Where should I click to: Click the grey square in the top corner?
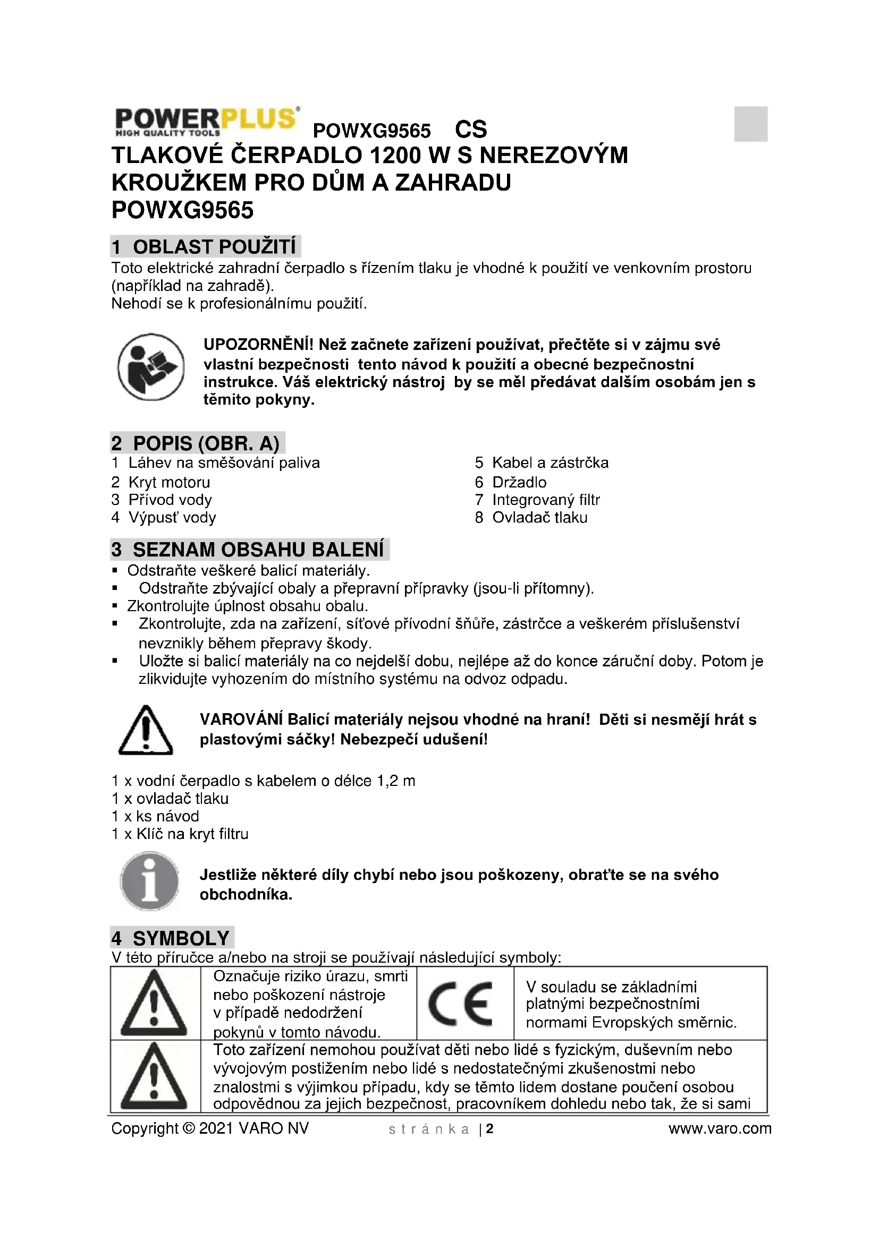pyautogui.click(x=750, y=124)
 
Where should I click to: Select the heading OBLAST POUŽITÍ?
pyautogui.click(x=206, y=247)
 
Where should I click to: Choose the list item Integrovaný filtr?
pyautogui.click(x=546, y=500)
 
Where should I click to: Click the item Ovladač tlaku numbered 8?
pyautogui.click(x=539, y=518)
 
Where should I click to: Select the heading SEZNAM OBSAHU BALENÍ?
pyautogui.click(x=250, y=550)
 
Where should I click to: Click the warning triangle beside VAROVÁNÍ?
pyautogui.click(x=145, y=730)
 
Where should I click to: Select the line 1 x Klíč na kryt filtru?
pyautogui.click(x=180, y=834)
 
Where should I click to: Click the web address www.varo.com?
pyautogui.click(x=720, y=1128)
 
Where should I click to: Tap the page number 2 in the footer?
pyautogui.click(x=490, y=1128)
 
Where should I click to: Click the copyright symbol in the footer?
pyautogui.click(x=189, y=1128)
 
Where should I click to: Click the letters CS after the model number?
pyautogui.click(x=471, y=130)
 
